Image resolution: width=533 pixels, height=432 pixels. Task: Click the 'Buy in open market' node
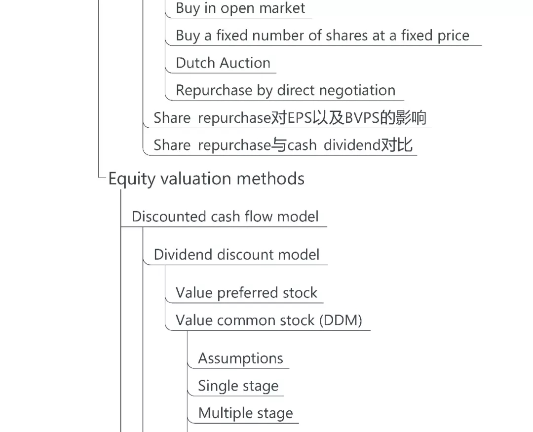(x=240, y=8)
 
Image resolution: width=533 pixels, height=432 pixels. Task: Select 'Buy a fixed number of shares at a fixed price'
(x=322, y=36)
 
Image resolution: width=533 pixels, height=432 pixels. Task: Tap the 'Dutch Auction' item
(x=223, y=63)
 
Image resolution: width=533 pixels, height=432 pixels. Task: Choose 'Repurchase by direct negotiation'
(x=285, y=91)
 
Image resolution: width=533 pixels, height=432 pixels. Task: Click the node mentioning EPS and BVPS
(x=290, y=118)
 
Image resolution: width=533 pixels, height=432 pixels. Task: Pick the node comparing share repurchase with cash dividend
(x=283, y=145)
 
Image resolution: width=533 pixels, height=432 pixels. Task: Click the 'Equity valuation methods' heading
(x=206, y=179)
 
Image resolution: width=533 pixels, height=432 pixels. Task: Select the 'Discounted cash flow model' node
(x=225, y=217)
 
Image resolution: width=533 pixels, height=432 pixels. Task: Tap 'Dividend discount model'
(x=236, y=255)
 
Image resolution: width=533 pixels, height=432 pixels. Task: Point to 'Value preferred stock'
(x=246, y=293)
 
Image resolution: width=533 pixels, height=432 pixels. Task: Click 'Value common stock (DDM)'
(x=269, y=321)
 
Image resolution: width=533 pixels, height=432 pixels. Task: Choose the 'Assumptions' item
(x=240, y=359)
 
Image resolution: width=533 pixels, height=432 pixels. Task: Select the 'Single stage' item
(x=238, y=386)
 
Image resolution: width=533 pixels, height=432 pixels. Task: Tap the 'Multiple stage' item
(x=245, y=413)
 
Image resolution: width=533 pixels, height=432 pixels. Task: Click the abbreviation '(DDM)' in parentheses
(x=341, y=321)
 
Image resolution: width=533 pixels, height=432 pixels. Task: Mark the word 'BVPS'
(x=366, y=118)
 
